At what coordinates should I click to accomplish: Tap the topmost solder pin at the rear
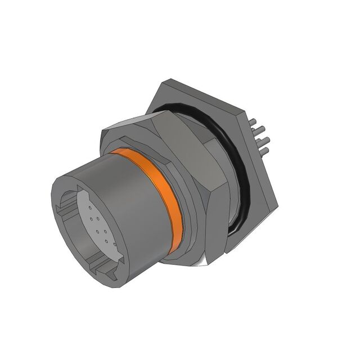pos(256,121)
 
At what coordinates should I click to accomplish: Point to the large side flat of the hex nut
pos(186,169)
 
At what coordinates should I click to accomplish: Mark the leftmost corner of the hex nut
pos(102,135)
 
